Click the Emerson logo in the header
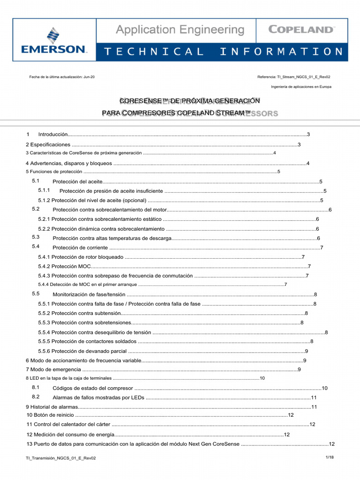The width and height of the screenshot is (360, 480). pos(54,41)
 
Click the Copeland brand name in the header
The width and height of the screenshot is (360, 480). pos(301,30)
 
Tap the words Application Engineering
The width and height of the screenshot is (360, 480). pos(180,30)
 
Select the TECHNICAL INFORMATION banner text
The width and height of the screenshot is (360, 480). pos(223,52)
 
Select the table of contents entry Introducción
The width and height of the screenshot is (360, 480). pos(53,135)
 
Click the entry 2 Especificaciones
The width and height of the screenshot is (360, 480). pos(48,144)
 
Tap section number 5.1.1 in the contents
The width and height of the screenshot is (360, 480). pos(45,191)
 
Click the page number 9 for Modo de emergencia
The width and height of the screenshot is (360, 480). pos(299,370)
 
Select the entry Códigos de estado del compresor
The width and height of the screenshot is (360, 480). pos(93,388)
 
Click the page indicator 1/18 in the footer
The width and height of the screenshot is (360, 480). pos(329,457)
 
